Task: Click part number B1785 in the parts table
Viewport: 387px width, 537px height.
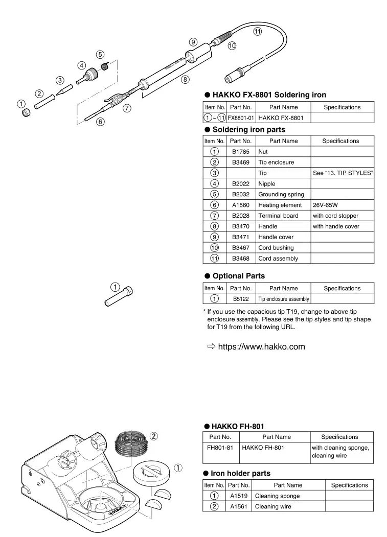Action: coord(241,152)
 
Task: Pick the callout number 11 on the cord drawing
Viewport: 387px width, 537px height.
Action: coord(257,31)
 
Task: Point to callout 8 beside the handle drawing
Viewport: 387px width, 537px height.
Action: coord(185,79)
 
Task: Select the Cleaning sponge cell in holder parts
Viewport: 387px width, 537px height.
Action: coord(277,496)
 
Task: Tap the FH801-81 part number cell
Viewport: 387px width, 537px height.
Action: coord(220,448)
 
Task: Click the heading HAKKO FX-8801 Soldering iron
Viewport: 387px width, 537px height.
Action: coord(269,95)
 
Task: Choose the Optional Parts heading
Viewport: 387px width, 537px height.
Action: coord(238,276)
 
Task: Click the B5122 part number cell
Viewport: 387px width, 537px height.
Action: coord(241,299)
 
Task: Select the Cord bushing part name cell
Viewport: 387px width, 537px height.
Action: coord(276,248)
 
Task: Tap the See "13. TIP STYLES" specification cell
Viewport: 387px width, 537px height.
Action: coord(343,173)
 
